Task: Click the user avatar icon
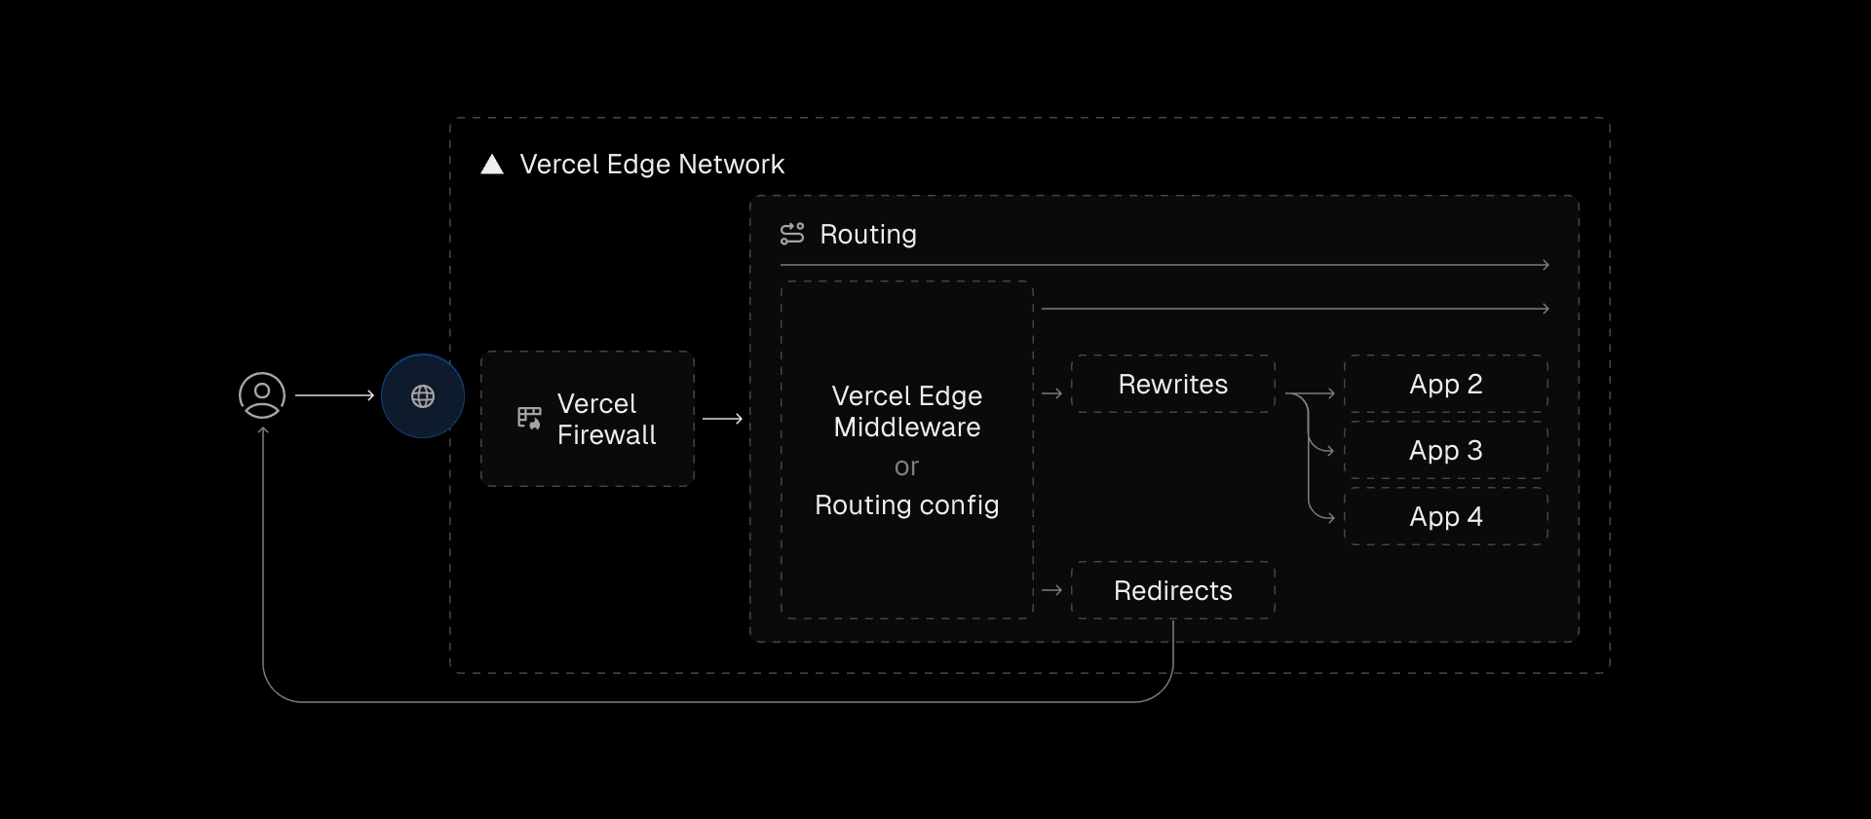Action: [262, 395]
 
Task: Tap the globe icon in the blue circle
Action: [423, 396]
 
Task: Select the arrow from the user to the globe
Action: [335, 395]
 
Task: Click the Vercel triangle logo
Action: [492, 165]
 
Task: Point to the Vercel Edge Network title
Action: [652, 165]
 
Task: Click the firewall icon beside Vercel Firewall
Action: [529, 419]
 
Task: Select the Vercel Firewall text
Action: [606, 419]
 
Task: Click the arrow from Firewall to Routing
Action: [722, 419]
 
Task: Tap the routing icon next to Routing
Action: [792, 234]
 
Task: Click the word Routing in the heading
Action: [868, 235]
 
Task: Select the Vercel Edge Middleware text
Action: [907, 411]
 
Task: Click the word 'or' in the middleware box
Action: [906, 467]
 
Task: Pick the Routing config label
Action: [907, 505]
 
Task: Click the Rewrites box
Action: [1173, 385]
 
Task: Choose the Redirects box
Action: [1173, 591]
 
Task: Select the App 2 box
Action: [1445, 385]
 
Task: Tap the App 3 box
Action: [1445, 451]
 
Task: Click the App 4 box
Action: [1445, 517]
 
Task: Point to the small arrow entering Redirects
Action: [1051, 590]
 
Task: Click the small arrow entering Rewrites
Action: [1051, 393]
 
